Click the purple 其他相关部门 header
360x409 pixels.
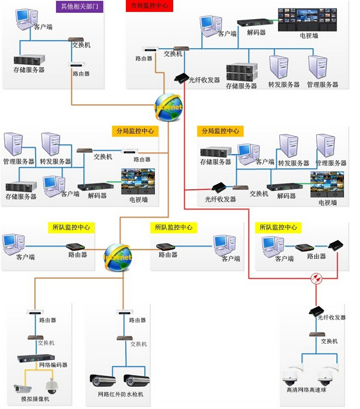tap(79, 7)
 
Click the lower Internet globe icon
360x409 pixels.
tap(118, 252)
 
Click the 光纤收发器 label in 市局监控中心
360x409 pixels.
tap(204, 80)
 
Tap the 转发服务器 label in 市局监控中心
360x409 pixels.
tap(284, 84)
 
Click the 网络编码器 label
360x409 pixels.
tap(53, 365)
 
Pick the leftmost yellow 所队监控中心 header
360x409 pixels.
tap(70, 227)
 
